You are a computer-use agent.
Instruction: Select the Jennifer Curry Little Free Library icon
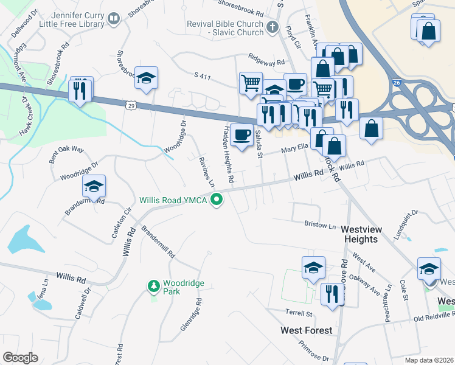(x=113, y=20)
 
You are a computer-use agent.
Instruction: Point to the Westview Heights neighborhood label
(x=367, y=234)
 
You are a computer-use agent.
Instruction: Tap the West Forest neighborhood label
(x=306, y=330)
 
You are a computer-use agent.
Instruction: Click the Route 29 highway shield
(x=130, y=105)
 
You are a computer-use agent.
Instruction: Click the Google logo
(x=20, y=358)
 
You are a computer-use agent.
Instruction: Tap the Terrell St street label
(x=299, y=314)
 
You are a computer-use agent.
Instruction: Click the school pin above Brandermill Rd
(x=94, y=186)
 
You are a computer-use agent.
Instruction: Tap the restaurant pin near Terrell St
(x=332, y=294)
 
